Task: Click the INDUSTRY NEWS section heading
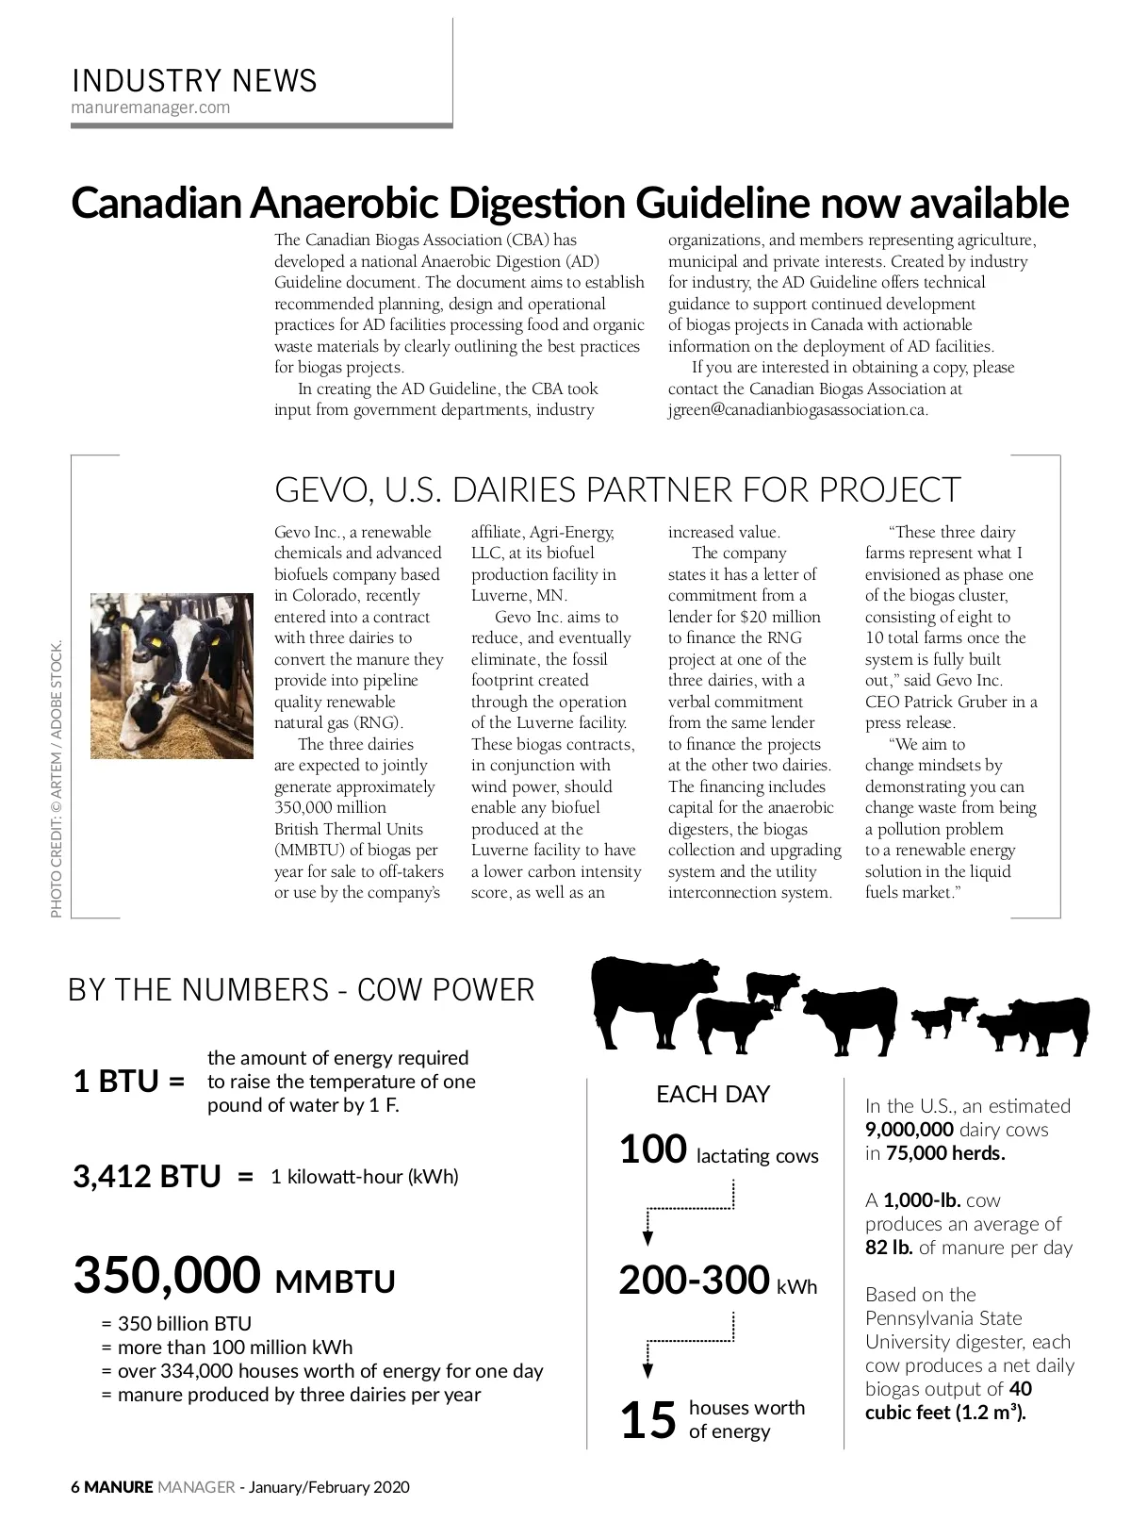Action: pyautogui.click(x=194, y=81)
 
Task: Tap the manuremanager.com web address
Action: pyautogui.click(x=151, y=107)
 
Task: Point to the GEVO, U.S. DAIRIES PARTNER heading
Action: pyautogui.click(x=617, y=490)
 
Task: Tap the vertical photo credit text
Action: pyautogui.click(x=57, y=779)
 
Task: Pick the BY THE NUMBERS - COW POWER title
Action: pyautogui.click(x=302, y=990)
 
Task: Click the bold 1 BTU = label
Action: pyautogui.click(x=129, y=1082)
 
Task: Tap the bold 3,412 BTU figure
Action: pyautogui.click(x=147, y=1177)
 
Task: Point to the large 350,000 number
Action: pyautogui.click(x=167, y=1275)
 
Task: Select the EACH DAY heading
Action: pyautogui.click(x=713, y=1094)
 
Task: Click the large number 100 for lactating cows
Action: pyautogui.click(x=652, y=1150)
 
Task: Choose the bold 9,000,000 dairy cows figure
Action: pyautogui.click(x=909, y=1130)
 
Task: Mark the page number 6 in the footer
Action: pyautogui.click(x=75, y=1488)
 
